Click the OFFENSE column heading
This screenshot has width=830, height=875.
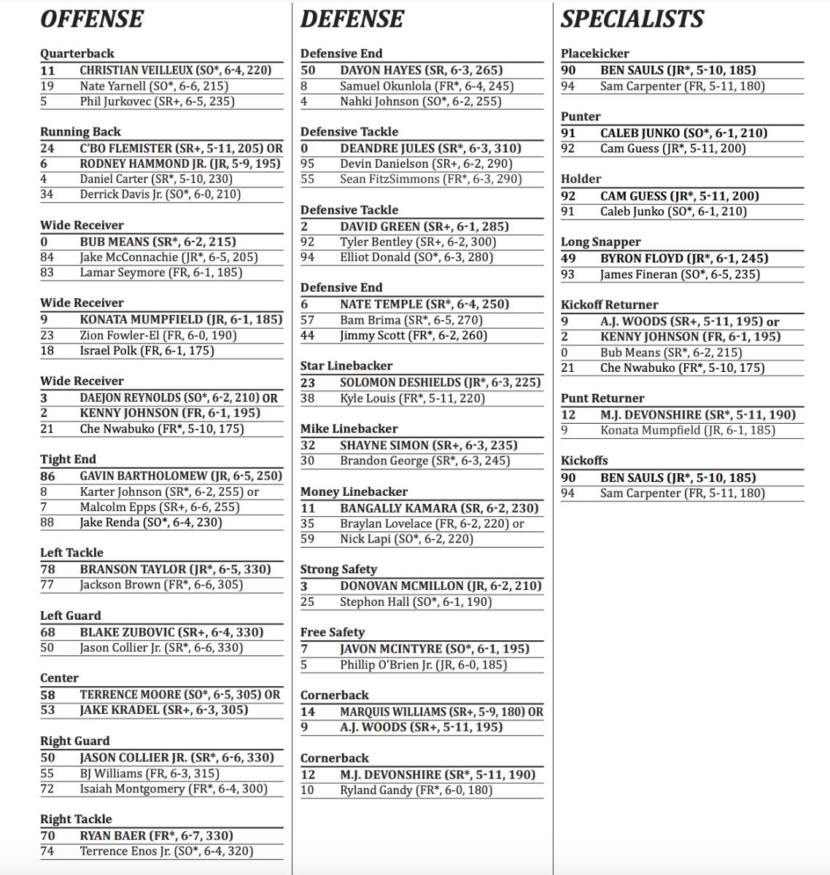coord(92,19)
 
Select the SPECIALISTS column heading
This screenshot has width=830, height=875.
coord(632,19)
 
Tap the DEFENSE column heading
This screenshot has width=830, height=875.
coord(352,19)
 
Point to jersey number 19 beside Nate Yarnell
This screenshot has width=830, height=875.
coord(47,86)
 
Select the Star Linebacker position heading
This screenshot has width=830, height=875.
coord(346,366)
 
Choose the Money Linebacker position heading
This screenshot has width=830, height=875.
coord(354,491)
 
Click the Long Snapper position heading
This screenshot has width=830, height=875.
coord(600,242)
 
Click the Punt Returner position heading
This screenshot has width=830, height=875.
coord(602,398)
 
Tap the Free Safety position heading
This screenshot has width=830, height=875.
coord(332,632)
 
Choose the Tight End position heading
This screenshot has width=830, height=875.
coord(68,459)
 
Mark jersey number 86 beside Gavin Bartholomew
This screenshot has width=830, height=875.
coord(47,475)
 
